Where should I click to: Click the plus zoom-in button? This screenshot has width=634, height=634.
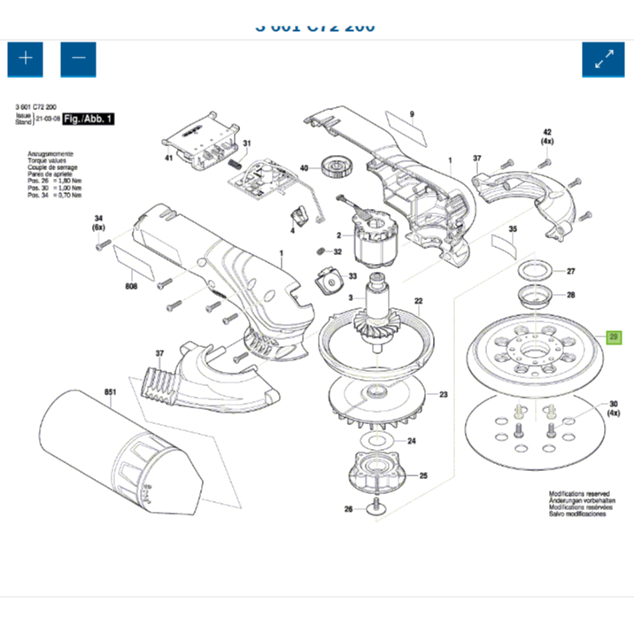pyautogui.click(x=26, y=58)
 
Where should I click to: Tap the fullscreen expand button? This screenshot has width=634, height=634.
pyautogui.click(x=603, y=59)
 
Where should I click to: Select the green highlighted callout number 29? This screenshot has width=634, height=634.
pyautogui.click(x=613, y=337)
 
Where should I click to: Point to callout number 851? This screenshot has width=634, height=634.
pyautogui.click(x=110, y=390)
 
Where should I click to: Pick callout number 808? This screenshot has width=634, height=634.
pyautogui.click(x=130, y=286)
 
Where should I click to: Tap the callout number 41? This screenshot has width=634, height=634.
pyautogui.click(x=167, y=158)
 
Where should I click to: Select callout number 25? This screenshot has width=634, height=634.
pyautogui.click(x=422, y=475)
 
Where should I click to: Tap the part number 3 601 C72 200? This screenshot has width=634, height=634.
pyautogui.click(x=36, y=107)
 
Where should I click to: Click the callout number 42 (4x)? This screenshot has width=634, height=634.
pyautogui.click(x=547, y=135)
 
